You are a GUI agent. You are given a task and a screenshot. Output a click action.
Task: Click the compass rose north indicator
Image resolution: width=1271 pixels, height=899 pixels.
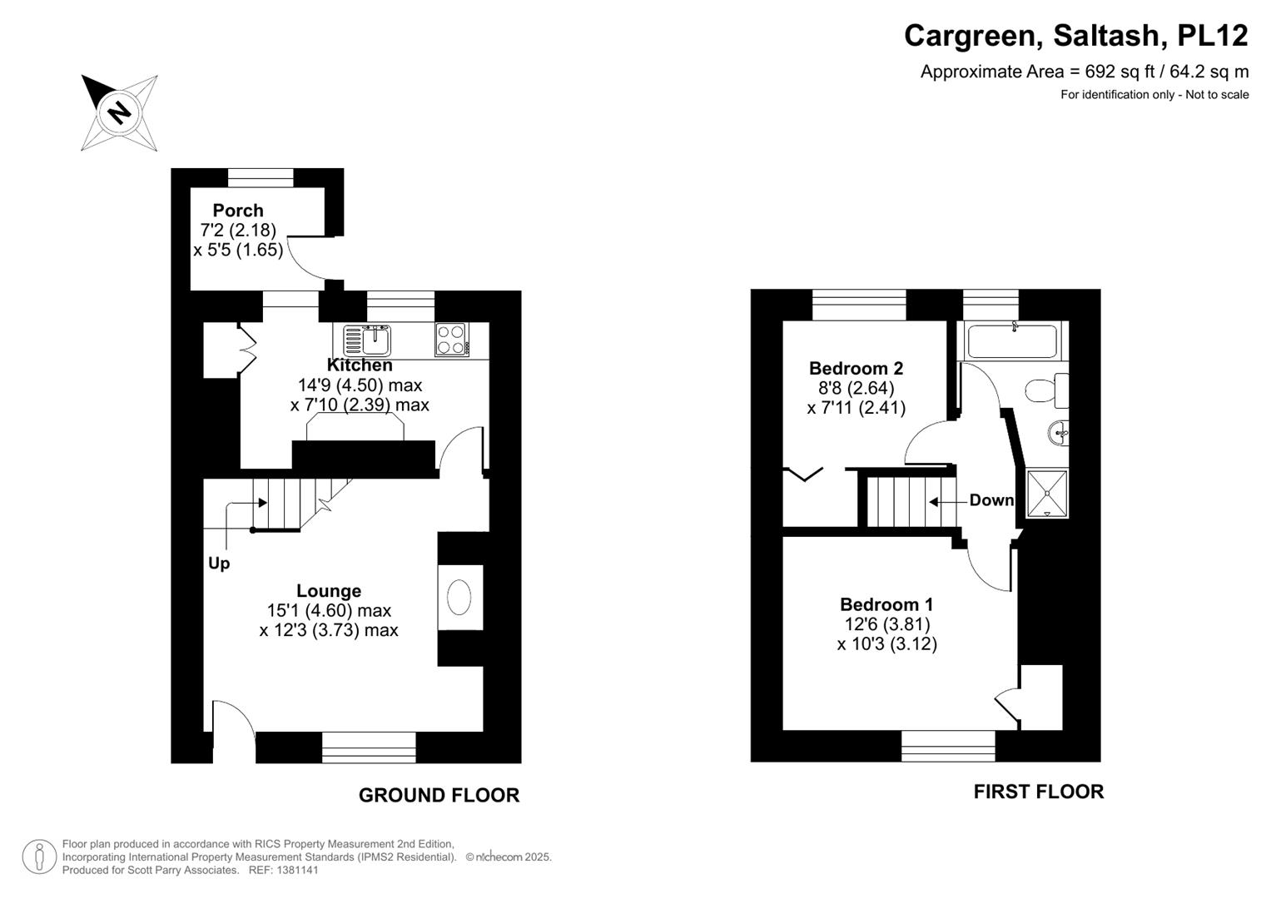[x=119, y=112]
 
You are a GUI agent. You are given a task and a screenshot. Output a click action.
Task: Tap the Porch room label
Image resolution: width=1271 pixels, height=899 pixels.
[x=238, y=211]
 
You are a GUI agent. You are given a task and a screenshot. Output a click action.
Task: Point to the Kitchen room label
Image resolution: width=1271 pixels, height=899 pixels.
[x=360, y=365]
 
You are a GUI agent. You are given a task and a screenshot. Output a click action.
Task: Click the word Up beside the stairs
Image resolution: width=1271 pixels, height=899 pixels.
[x=219, y=564]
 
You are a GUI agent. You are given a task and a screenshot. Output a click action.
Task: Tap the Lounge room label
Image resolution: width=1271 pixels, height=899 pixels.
[x=329, y=591]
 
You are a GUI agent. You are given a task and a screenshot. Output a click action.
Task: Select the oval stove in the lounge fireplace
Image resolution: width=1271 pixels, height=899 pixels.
[x=459, y=598]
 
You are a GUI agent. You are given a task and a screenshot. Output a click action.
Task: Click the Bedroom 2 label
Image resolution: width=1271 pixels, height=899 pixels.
[x=856, y=368]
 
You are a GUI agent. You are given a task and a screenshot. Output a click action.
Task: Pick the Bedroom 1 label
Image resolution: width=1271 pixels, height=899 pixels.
[x=886, y=604]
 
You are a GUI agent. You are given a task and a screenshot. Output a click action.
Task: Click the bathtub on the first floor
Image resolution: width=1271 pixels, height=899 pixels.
[x=1011, y=341]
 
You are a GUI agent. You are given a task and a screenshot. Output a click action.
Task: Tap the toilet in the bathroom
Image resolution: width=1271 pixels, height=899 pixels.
[x=1045, y=390]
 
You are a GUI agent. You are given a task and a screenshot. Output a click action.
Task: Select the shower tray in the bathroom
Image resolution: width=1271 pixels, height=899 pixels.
[x=1047, y=494]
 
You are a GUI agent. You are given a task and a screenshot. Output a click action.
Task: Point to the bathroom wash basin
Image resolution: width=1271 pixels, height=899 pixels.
[x=1059, y=432]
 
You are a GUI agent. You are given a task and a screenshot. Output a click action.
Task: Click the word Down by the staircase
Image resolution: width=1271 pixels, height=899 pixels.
[x=991, y=500]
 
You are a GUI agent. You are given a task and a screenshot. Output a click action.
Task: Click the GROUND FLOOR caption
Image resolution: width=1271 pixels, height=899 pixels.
[x=439, y=796]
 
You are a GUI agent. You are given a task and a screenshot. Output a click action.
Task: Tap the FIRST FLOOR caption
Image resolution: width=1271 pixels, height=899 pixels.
[x=1038, y=792]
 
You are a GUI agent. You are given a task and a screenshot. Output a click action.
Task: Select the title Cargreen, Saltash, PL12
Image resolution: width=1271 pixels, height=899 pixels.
[x=1075, y=36]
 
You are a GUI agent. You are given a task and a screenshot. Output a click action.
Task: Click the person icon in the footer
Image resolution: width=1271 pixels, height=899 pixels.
[x=39, y=857]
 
